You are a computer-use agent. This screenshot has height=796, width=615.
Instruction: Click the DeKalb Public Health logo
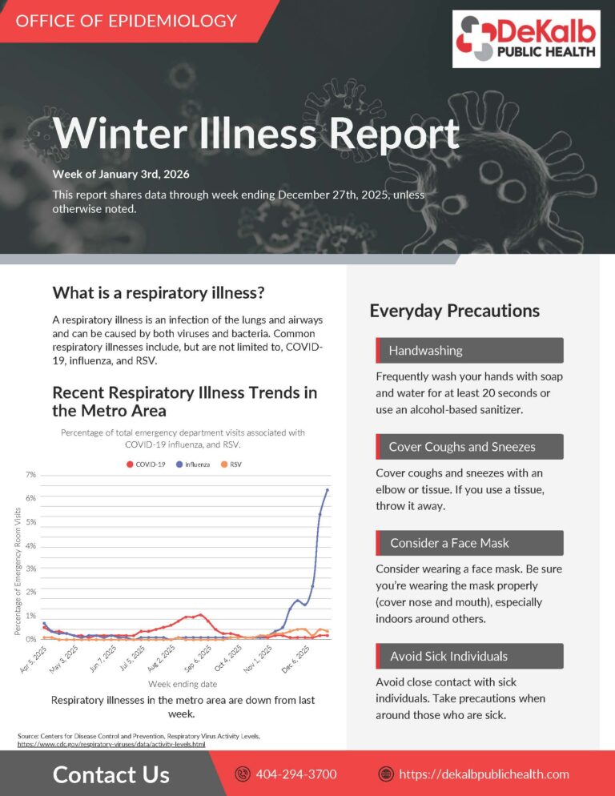(x=527, y=39)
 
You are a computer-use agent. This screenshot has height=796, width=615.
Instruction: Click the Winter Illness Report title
(x=255, y=133)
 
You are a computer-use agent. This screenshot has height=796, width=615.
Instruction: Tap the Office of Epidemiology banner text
(x=127, y=21)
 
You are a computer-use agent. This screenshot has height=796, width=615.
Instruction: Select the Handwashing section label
(x=425, y=351)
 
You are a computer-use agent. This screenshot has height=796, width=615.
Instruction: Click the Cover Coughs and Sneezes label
(x=462, y=447)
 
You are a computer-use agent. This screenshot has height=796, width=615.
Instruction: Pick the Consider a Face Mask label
(x=449, y=543)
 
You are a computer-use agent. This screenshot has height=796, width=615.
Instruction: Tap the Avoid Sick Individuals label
(x=448, y=656)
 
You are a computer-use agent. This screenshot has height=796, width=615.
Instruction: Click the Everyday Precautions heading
(x=454, y=311)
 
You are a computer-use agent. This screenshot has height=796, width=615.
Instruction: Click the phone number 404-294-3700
(x=296, y=774)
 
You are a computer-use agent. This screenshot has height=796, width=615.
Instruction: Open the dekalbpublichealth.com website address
(x=484, y=774)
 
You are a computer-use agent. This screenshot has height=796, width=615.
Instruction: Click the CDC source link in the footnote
(x=111, y=744)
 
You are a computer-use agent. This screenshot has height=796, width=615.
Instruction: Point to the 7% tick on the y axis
(x=30, y=475)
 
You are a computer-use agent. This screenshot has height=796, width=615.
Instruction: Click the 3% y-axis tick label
(x=30, y=569)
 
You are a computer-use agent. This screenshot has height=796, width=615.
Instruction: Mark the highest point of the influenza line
(x=328, y=490)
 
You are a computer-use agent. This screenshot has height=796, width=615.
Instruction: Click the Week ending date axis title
(x=183, y=684)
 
